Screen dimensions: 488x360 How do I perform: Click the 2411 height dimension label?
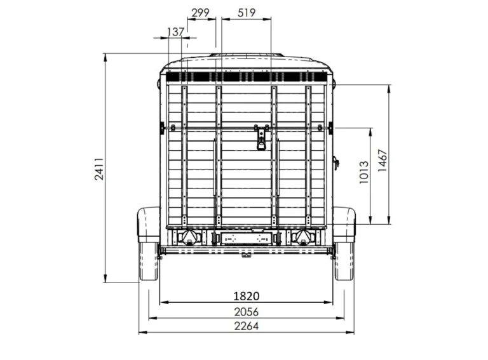point(99,169)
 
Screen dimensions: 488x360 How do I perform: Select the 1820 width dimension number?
point(246,296)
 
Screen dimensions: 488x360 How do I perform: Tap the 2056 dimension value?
point(246,312)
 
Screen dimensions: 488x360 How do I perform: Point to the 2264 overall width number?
point(246,326)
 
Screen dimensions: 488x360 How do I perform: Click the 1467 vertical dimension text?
point(382,161)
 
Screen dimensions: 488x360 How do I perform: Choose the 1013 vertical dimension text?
point(364,172)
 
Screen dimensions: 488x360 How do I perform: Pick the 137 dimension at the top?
point(175,32)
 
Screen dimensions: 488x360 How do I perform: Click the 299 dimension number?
point(200,13)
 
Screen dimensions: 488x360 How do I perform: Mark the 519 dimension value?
point(247,13)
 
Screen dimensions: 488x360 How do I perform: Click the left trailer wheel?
point(149,262)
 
